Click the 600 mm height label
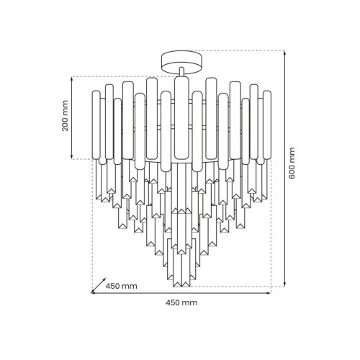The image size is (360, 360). pyautogui.click(x=292, y=163)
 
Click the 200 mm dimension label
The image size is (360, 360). pyautogui.click(x=65, y=116)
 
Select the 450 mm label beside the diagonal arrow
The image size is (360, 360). pyautogui.click(x=122, y=286)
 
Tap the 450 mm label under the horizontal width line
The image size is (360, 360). pyautogui.click(x=181, y=302)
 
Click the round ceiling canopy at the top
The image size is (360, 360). pyautogui.click(x=181, y=61)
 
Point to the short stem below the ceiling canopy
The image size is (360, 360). pyautogui.click(x=181, y=72)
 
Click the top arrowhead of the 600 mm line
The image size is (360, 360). pyautogui.click(x=284, y=53)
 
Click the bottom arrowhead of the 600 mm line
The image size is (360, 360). pyautogui.click(x=284, y=284)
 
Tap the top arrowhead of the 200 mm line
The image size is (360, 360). pyautogui.click(x=72, y=79)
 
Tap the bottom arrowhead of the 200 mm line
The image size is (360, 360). pyautogui.click(x=72, y=156)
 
